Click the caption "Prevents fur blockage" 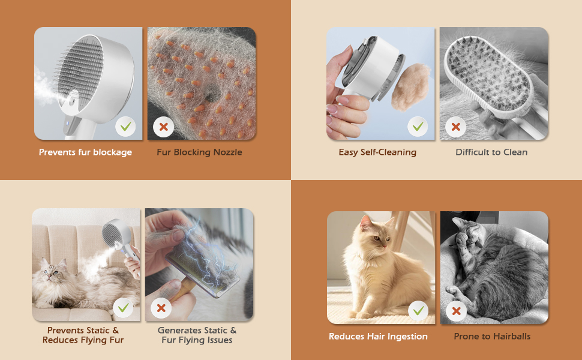tap(85, 152)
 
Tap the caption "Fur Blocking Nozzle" tap(199, 152)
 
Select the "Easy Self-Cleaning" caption tap(377, 152)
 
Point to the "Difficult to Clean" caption tap(491, 152)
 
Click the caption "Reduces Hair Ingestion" tap(378, 336)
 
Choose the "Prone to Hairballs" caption tap(492, 336)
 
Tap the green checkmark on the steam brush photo tap(125, 127)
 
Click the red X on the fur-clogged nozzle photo tap(163, 127)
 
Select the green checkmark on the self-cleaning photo tap(418, 127)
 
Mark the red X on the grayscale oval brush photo tap(456, 127)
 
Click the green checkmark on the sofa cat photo tap(123, 308)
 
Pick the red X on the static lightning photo tap(161, 308)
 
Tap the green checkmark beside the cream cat tap(418, 311)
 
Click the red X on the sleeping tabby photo tap(457, 311)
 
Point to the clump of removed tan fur tap(410, 87)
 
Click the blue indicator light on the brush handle tap(68, 124)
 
